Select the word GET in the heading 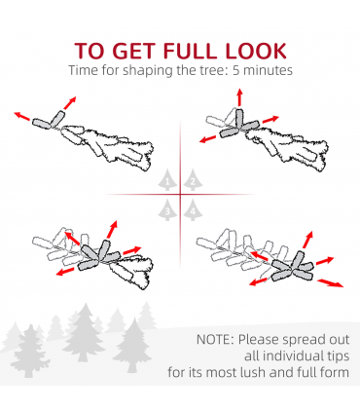pyautogui.click(x=133, y=51)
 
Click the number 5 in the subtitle pyautogui.click(x=236, y=70)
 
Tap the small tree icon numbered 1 pyautogui.click(x=167, y=179)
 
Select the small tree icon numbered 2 pyautogui.click(x=193, y=179)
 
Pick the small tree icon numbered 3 pyautogui.click(x=167, y=209)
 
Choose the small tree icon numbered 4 pyautogui.click(x=193, y=209)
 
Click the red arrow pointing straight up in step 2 pyautogui.click(x=239, y=97)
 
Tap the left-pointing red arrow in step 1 pyautogui.click(x=22, y=116)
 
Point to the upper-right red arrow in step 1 pyautogui.click(x=70, y=102)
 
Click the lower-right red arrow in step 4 pyautogui.click(x=330, y=283)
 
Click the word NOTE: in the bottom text pyautogui.click(x=215, y=340)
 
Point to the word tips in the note pyautogui.click(x=339, y=356)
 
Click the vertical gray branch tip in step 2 pyautogui.click(x=239, y=118)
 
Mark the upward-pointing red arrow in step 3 pyautogui.click(x=112, y=230)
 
